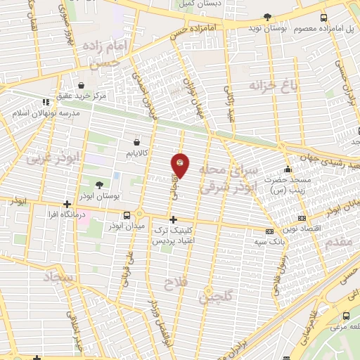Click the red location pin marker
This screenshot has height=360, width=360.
click(x=180, y=166)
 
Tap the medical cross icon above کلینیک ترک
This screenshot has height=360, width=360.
click(x=173, y=220)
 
